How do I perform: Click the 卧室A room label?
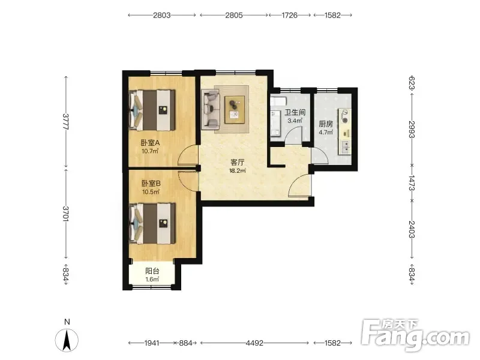151,143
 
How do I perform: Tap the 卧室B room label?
151,184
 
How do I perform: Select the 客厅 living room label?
238,162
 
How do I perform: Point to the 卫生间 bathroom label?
295,112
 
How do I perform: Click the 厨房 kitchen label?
326,124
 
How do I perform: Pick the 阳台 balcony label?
152,271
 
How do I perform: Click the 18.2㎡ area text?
238,171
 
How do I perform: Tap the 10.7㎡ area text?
150,151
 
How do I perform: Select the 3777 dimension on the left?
65,122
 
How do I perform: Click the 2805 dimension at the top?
234,16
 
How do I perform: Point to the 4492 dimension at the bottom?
254,343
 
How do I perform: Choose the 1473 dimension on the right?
412,183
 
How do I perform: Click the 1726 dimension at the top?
289,16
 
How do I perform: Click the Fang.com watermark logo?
415,335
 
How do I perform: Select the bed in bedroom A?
152,110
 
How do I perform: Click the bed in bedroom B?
152,224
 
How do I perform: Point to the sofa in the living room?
211,109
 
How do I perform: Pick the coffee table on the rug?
235,110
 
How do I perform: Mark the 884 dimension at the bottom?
185,343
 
